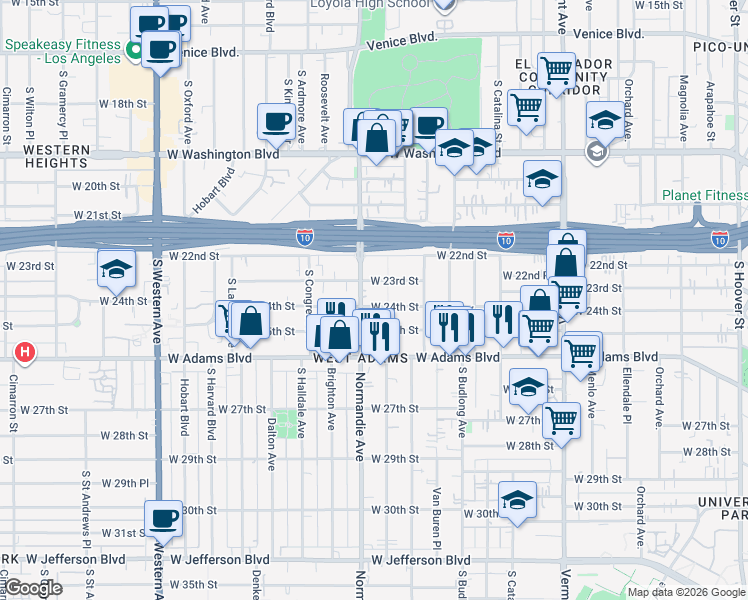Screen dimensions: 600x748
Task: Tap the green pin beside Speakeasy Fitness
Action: point(133,45)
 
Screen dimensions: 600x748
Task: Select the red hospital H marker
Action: point(25,353)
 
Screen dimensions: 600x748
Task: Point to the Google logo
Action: point(34,588)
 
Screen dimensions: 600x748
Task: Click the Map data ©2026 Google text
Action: point(686,592)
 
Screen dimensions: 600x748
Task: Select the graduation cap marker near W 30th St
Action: point(517,501)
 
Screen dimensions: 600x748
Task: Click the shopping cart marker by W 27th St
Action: point(561,421)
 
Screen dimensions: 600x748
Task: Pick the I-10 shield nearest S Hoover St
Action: point(719,239)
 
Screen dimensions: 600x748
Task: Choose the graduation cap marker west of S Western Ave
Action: point(116,269)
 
